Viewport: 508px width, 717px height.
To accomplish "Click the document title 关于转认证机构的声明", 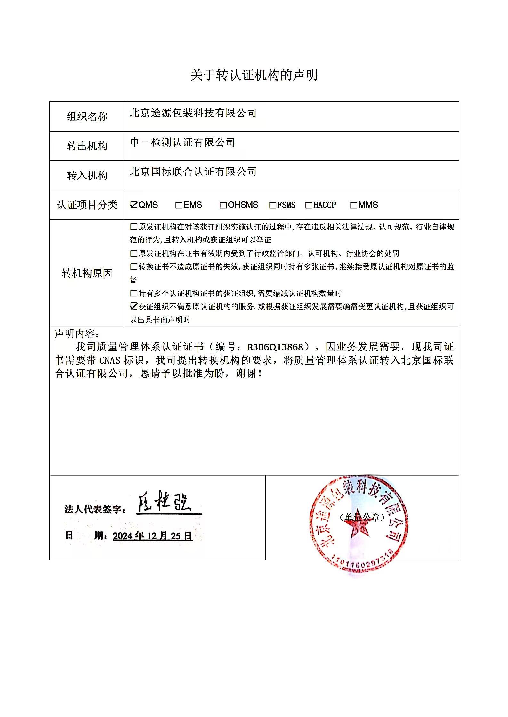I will pyautogui.click(x=254, y=76).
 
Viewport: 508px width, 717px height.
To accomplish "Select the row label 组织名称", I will pyautogui.click(x=87, y=117).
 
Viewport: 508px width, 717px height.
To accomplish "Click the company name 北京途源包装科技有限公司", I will pyautogui.click(x=193, y=113).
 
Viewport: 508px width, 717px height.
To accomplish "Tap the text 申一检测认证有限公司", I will pyautogui.click(x=182, y=142).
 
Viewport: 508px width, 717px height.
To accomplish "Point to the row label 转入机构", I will pyautogui.click(x=87, y=175).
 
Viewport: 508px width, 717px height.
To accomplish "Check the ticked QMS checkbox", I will pyautogui.click(x=134, y=205).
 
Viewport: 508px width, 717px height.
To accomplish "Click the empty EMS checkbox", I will pyautogui.click(x=179, y=205).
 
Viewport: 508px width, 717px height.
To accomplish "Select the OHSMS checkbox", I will pyautogui.click(x=223, y=205).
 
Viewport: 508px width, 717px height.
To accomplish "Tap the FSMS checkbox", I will pyautogui.click(x=272, y=205).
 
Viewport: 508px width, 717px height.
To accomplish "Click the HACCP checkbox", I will pyautogui.click(x=309, y=205).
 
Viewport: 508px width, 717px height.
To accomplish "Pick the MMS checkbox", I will pyautogui.click(x=353, y=205).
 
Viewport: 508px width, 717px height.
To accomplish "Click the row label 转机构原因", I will pyautogui.click(x=87, y=273).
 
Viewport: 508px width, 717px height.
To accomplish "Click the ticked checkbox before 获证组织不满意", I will pyautogui.click(x=134, y=306).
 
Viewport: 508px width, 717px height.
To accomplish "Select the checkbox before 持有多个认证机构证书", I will pyautogui.click(x=134, y=293).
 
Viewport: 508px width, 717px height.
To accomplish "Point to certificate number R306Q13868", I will pyautogui.click(x=275, y=347).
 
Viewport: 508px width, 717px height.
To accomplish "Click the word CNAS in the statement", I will pyautogui.click(x=109, y=360).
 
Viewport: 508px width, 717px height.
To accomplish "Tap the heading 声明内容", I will pyautogui.click(x=77, y=334).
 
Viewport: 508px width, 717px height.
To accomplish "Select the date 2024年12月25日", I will pyautogui.click(x=153, y=536).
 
